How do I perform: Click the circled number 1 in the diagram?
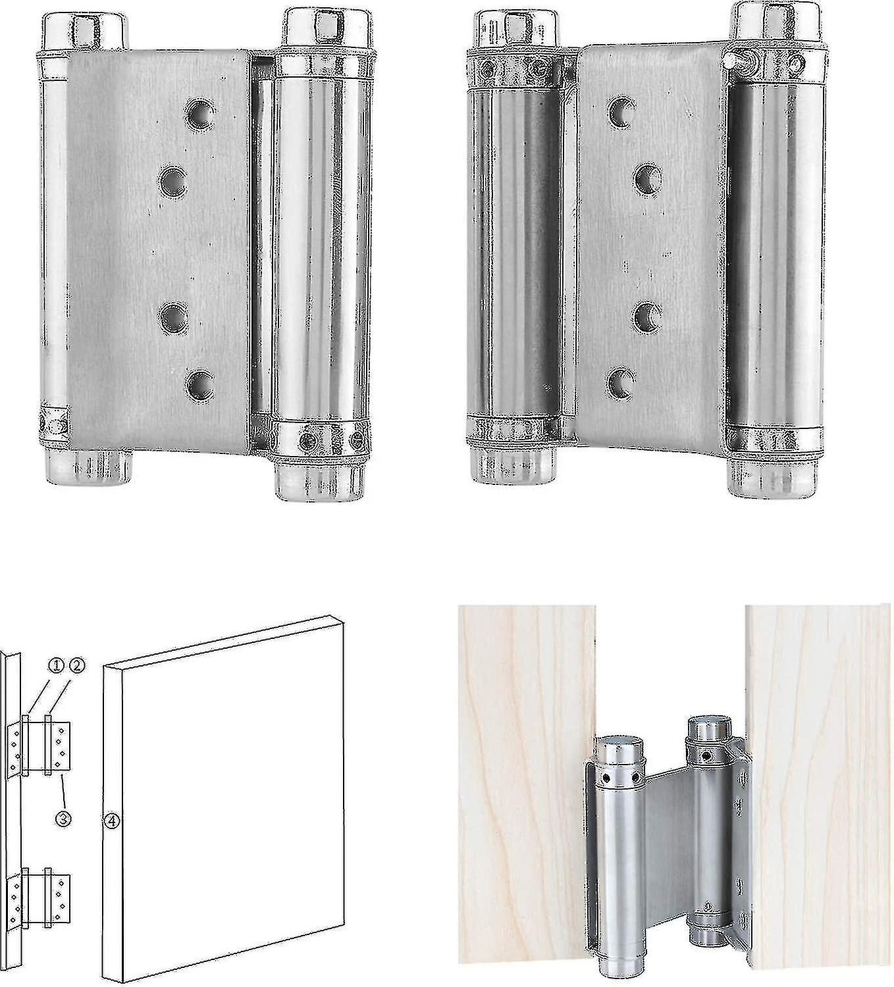[56, 666]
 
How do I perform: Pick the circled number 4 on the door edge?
[113, 821]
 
